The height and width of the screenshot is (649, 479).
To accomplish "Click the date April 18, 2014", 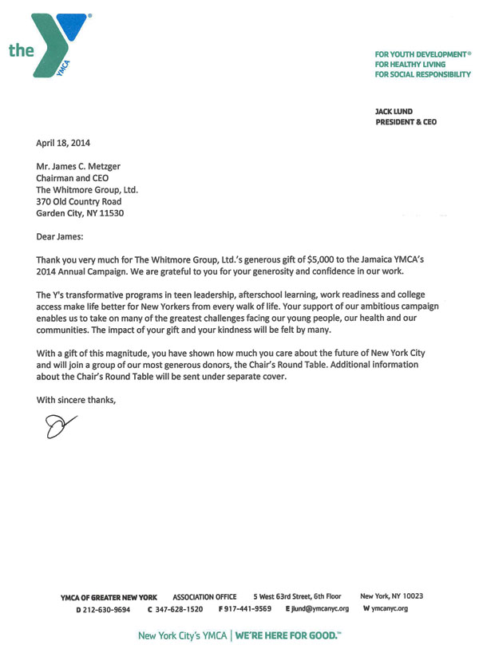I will click(63, 144).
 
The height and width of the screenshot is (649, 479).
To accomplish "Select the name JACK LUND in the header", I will click(394, 112).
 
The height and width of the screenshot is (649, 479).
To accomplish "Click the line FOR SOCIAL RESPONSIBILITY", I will click(422, 74).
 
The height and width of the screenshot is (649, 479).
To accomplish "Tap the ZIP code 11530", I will click(111, 214).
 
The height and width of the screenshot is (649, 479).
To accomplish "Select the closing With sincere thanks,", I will click(77, 398).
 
